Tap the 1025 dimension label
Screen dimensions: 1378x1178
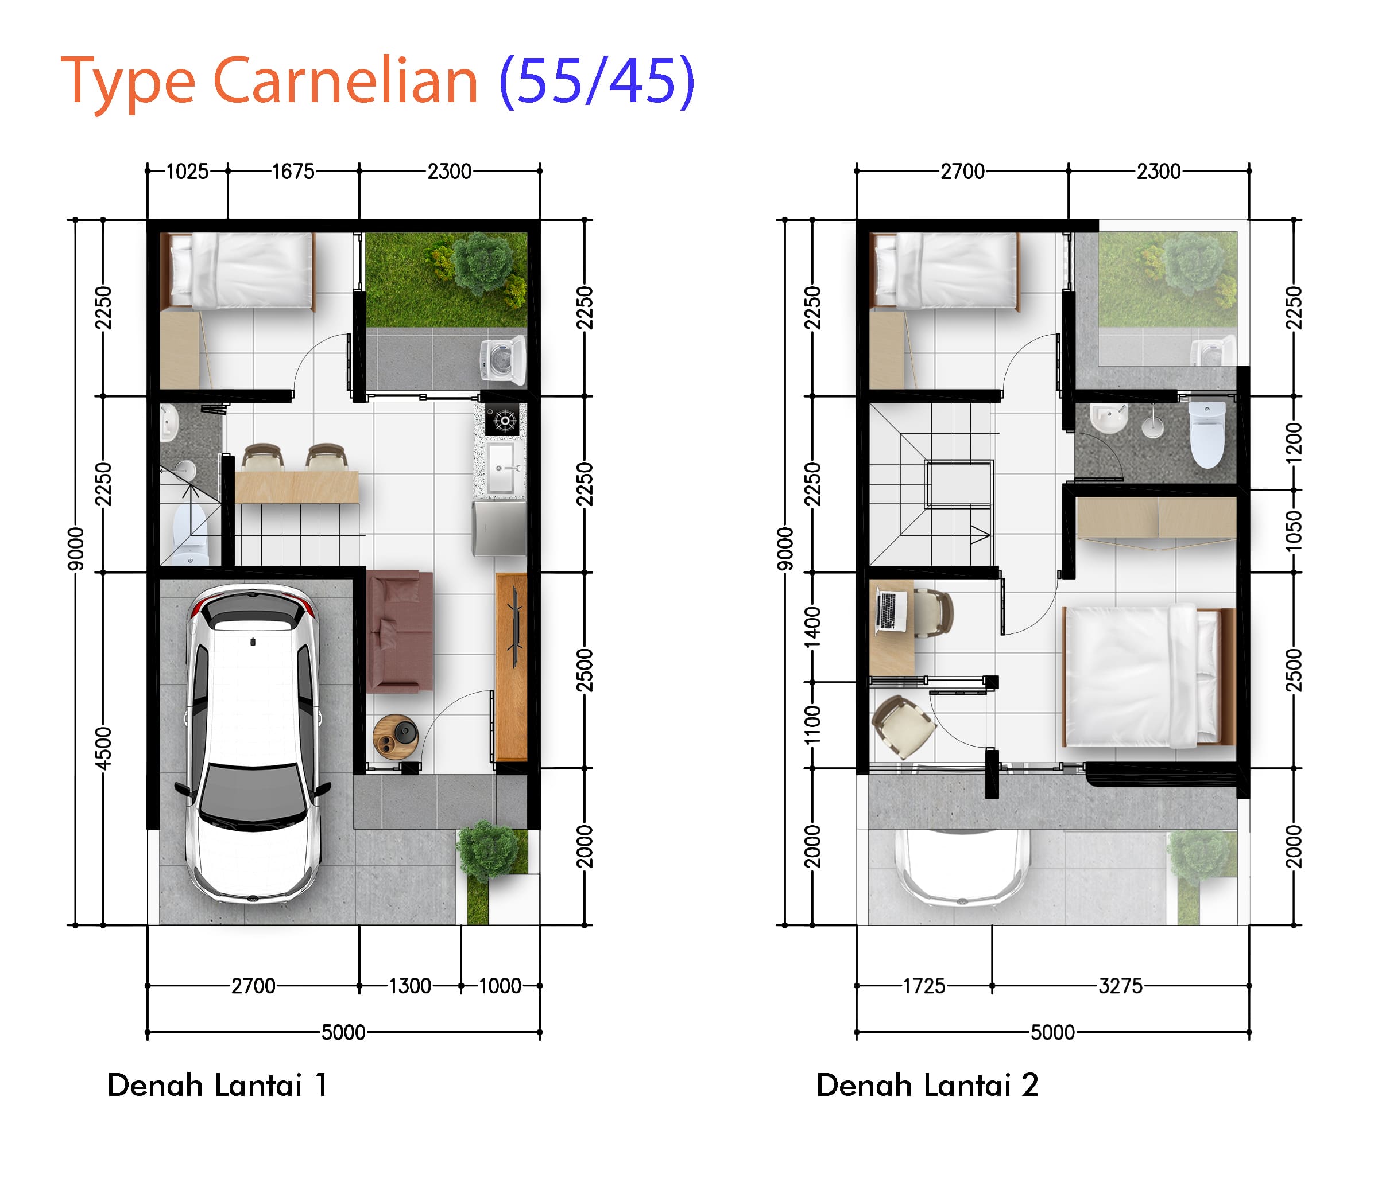(187, 172)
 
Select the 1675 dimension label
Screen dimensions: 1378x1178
(293, 172)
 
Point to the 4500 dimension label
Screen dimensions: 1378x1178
(103, 748)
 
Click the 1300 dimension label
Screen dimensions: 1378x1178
(410, 985)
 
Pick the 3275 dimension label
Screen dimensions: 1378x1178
(1121, 985)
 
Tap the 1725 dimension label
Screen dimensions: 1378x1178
(924, 985)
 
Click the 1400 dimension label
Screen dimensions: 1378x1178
(812, 627)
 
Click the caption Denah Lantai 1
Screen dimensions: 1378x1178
(218, 1085)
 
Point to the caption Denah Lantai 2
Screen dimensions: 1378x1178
(927, 1085)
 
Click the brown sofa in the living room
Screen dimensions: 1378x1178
(400, 632)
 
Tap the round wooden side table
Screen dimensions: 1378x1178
(395, 737)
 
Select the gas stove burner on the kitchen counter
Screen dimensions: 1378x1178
(505, 420)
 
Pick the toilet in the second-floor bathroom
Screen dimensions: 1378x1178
(1207, 436)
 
